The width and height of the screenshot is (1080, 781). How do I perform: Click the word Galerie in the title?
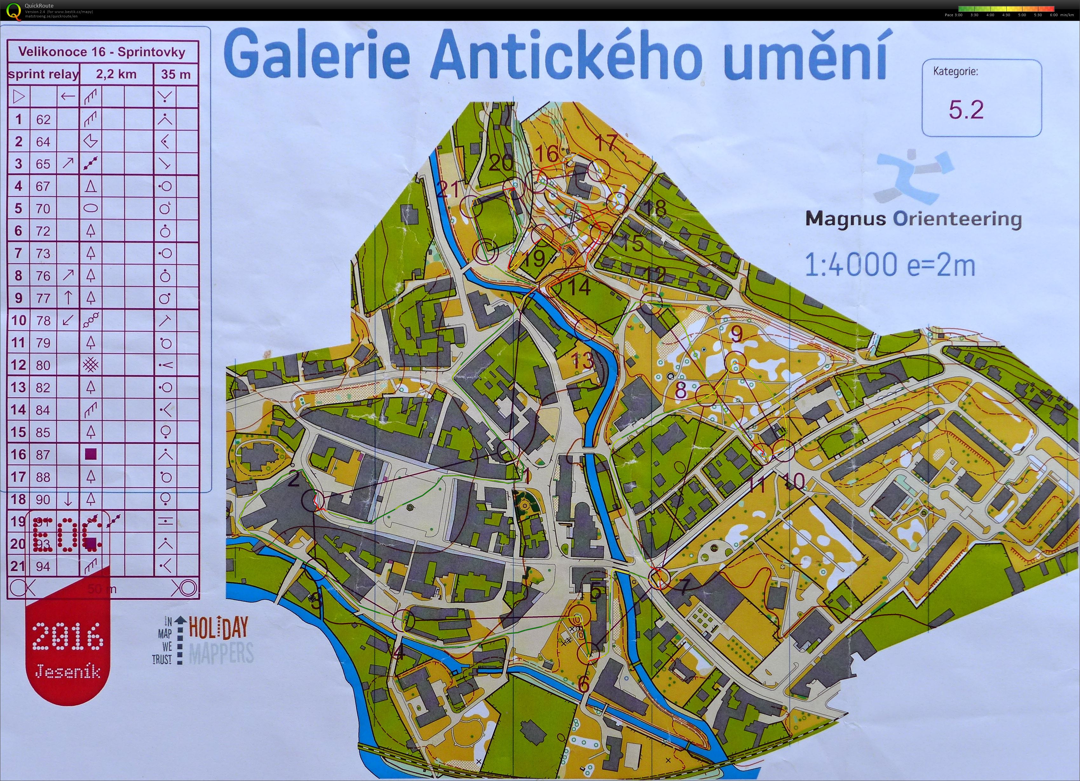coord(317,56)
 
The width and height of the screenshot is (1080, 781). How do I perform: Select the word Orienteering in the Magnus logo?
coord(957,219)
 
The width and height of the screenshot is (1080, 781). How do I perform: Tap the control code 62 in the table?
coord(43,119)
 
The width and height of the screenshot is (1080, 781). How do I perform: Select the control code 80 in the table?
coord(43,365)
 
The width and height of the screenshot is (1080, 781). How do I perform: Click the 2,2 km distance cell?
coord(116,74)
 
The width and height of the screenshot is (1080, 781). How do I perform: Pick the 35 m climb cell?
coord(176,74)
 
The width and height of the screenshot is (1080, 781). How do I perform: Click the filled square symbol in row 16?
coord(91,455)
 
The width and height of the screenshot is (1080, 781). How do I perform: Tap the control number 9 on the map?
coord(736,335)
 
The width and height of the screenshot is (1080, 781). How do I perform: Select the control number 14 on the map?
coord(579,287)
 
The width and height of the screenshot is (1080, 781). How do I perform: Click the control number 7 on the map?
coord(683,587)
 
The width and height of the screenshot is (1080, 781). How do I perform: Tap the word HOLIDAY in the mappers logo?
coord(219,627)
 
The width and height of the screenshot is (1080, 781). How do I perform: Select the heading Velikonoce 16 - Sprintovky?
coord(102,52)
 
